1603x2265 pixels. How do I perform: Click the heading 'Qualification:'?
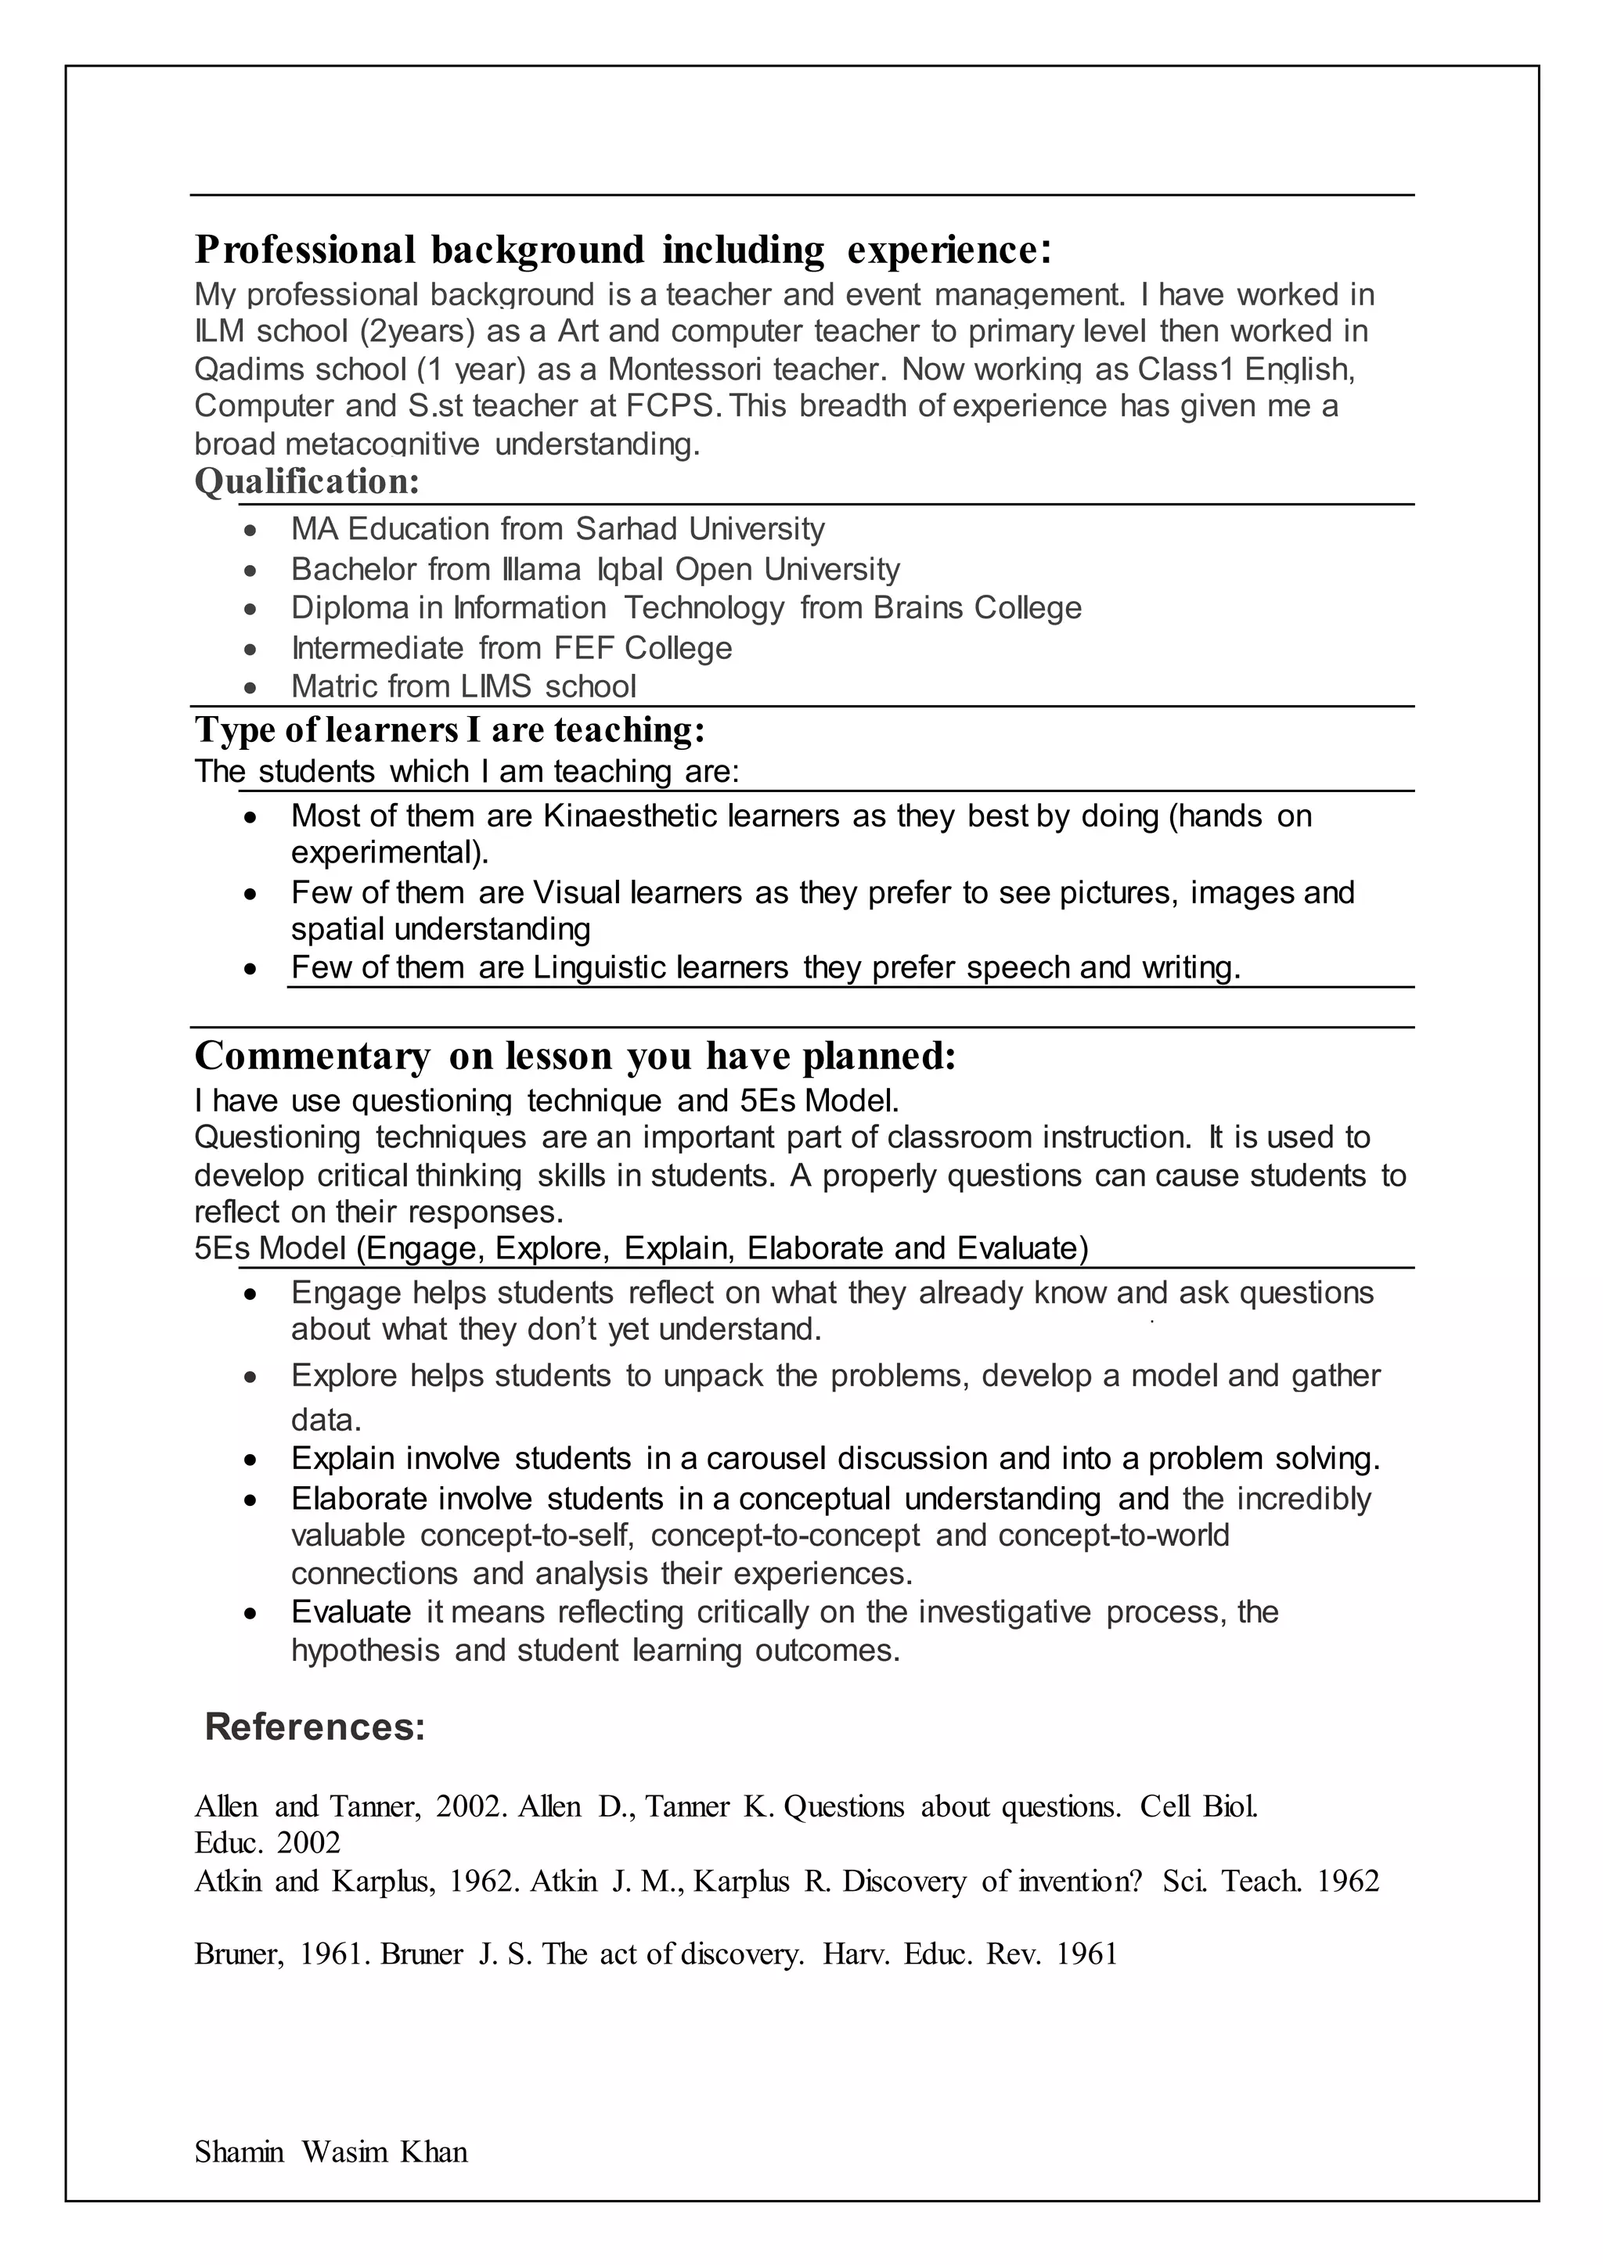[307, 483]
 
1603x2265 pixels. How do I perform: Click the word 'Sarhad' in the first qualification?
[628, 529]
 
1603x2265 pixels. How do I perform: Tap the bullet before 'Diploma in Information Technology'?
[252, 610]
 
